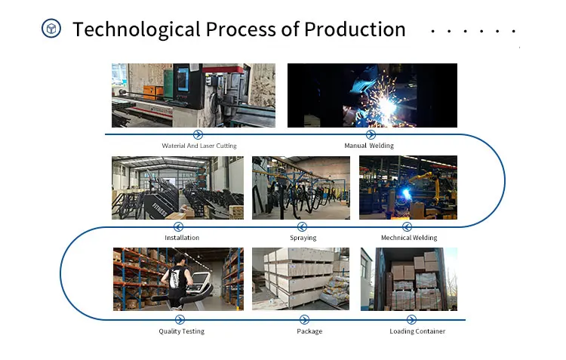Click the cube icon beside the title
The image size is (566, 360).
tap(51, 29)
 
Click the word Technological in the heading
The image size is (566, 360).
tap(137, 29)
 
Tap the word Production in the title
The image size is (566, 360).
tap(355, 29)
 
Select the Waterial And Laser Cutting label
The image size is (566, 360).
tap(199, 146)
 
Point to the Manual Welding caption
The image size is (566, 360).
tap(369, 146)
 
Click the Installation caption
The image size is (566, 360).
tap(182, 238)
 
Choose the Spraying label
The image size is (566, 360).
tap(303, 238)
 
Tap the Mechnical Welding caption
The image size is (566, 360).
tap(409, 238)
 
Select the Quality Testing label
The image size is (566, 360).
tap(182, 331)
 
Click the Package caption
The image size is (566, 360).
tap(309, 331)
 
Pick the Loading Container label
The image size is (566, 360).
tap(417, 331)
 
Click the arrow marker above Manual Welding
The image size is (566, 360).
tap(371, 134)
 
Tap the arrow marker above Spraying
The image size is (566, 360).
tap(302, 226)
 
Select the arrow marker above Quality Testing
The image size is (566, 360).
tap(180, 319)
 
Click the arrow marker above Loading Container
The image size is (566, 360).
tap(411, 319)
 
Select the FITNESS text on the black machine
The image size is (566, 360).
tap(159, 210)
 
